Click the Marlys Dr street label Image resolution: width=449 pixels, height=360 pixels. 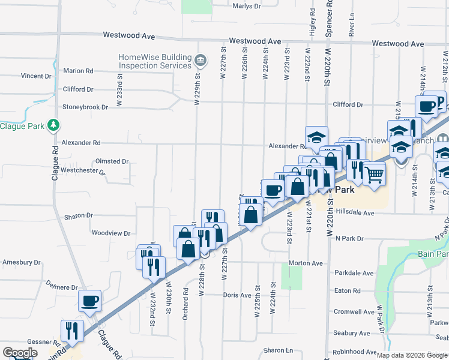point(246,6)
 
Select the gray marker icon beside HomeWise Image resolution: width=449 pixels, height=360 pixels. point(200,61)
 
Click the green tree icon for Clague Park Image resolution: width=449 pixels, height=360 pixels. point(54,125)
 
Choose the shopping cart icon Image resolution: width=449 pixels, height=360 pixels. point(374,175)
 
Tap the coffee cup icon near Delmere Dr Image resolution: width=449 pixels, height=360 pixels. point(89,299)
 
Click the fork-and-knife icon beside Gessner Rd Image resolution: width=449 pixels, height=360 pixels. point(70,329)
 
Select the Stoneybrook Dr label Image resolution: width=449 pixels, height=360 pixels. point(85,107)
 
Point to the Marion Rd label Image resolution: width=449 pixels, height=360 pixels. point(78,71)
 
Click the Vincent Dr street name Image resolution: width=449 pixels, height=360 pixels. point(36,76)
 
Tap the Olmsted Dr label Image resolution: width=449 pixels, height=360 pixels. point(112,161)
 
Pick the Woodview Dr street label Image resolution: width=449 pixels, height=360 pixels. point(110,233)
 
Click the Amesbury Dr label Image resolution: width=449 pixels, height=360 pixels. point(21,262)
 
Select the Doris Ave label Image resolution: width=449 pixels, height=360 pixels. point(237,295)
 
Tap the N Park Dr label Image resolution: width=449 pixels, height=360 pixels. point(349,238)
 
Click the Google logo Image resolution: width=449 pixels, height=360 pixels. point(20,353)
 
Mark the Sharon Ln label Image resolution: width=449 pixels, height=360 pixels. point(277,350)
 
